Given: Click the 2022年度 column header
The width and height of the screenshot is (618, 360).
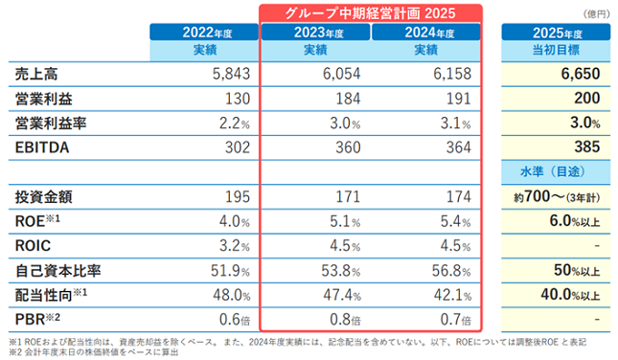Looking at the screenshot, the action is click(x=204, y=32).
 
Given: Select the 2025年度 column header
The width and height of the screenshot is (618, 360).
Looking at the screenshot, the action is click(x=556, y=32).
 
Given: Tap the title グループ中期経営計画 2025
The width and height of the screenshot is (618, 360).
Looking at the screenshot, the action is click(x=371, y=13).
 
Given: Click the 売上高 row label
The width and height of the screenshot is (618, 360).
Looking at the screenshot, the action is click(x=36, y=74).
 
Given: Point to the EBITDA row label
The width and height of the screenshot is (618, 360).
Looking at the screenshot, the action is click(x=42, y=147).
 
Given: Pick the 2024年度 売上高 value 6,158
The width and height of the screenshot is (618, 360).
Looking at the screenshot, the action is click(x=452, y=74).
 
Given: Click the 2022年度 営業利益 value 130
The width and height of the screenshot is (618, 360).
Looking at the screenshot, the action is click(x=238, y=99).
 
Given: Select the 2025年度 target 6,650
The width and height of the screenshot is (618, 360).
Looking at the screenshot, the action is click(x=581, y=74).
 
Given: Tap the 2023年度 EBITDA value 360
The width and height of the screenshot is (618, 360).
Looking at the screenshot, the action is click(x=348, y=147).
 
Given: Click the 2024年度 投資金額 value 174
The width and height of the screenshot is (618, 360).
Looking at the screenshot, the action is click(x=458, y=196).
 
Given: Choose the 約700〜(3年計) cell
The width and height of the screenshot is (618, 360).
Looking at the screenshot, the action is click(x=557, y=196).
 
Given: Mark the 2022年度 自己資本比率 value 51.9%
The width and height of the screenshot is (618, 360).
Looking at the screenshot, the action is click(x=230, y=271).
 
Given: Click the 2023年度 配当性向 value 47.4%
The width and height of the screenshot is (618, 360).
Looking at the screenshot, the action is click(x=342, y=295).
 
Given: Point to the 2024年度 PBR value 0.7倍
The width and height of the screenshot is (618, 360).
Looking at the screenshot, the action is click(x=456, y=320).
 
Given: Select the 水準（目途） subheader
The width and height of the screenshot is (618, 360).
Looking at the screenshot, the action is click(x=553, y=171).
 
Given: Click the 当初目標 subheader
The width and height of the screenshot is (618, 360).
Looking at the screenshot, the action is click(x=556, y=50).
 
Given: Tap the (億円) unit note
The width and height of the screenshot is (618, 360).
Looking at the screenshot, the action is click(x=596, y=14).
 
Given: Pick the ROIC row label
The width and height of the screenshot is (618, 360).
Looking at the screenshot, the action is click(x=33, y=246).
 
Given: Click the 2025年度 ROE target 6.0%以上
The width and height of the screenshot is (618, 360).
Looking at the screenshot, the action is click(x=575, y=221).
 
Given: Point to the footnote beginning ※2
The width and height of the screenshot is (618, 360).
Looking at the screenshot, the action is click(x=94, y=351).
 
